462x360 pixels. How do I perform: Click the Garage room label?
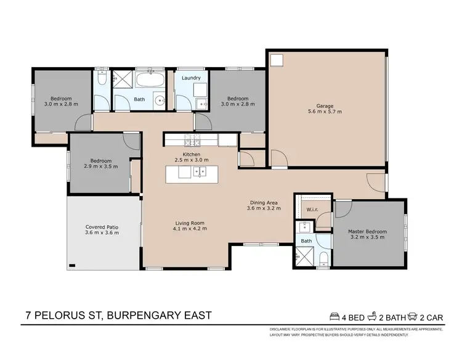(x=325, y=105)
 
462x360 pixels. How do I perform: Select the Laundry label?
(x=191, y=78)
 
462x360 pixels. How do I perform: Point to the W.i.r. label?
(x=312, y=210)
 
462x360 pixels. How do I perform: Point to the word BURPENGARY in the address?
(x=146, y=316)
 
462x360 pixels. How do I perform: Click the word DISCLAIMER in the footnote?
(x=283, y=329)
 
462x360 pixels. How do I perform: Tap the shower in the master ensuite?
(x=302, y=253)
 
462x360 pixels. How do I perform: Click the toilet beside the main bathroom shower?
(x=103, y=79)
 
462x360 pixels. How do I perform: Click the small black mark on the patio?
(x=73, y=266)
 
